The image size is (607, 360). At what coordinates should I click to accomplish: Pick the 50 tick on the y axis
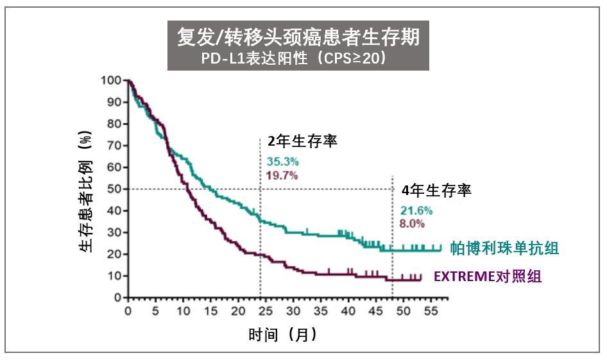[x=114, y=189]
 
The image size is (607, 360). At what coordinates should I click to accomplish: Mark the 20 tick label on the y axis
[x=114, y=254]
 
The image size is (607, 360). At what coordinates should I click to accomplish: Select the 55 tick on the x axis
[x=429, y=311]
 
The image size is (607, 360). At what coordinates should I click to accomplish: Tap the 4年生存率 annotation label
[x=436, y=191]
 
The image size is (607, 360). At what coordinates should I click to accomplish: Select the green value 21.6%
[x=416, y=210]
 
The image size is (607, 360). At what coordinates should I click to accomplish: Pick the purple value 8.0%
[x=413, y=223]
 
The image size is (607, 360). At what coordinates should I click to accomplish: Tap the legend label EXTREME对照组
[x=488, y=277]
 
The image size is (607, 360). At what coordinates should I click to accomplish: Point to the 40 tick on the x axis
[x=347, y=311]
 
